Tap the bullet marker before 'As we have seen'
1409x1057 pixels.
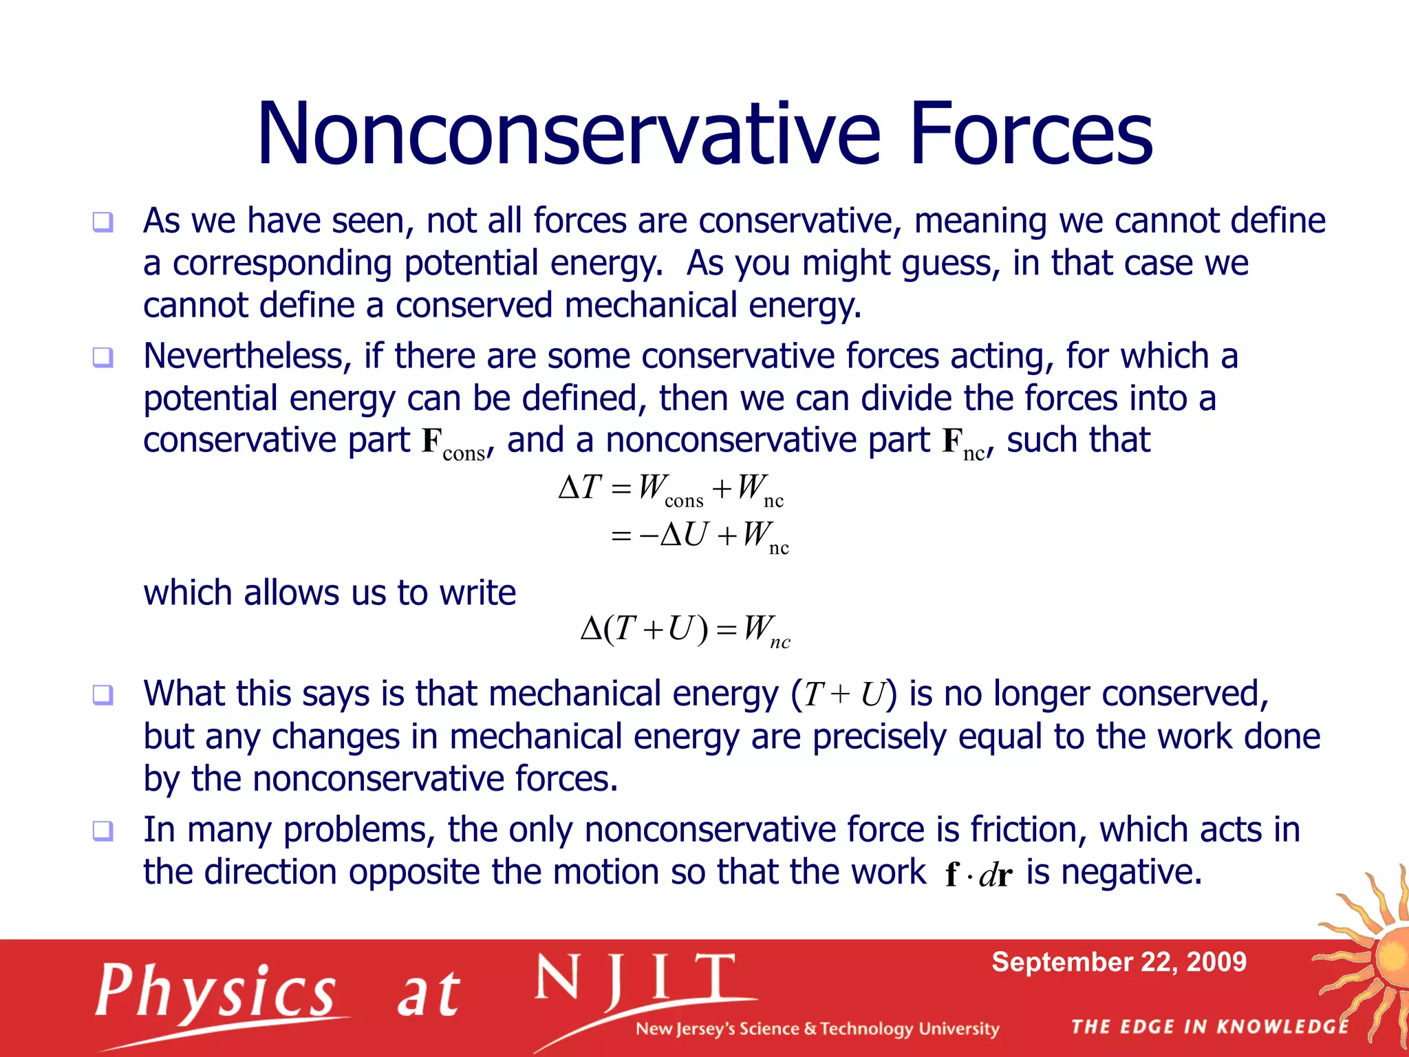click(103, 222)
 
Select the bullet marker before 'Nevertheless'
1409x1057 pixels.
click(103, 357)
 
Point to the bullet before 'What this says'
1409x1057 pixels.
click(103, 694)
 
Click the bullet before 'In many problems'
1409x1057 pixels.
click(103, 831)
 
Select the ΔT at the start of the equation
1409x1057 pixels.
click(580, 487)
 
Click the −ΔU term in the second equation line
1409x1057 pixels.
click(673, 535)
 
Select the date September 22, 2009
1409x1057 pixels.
click(1119, 961)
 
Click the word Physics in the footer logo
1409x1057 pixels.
click(215, 992)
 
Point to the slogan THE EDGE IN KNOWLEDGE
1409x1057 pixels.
click(1209, 1027)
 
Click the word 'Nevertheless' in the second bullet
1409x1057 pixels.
click(247, 356)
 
